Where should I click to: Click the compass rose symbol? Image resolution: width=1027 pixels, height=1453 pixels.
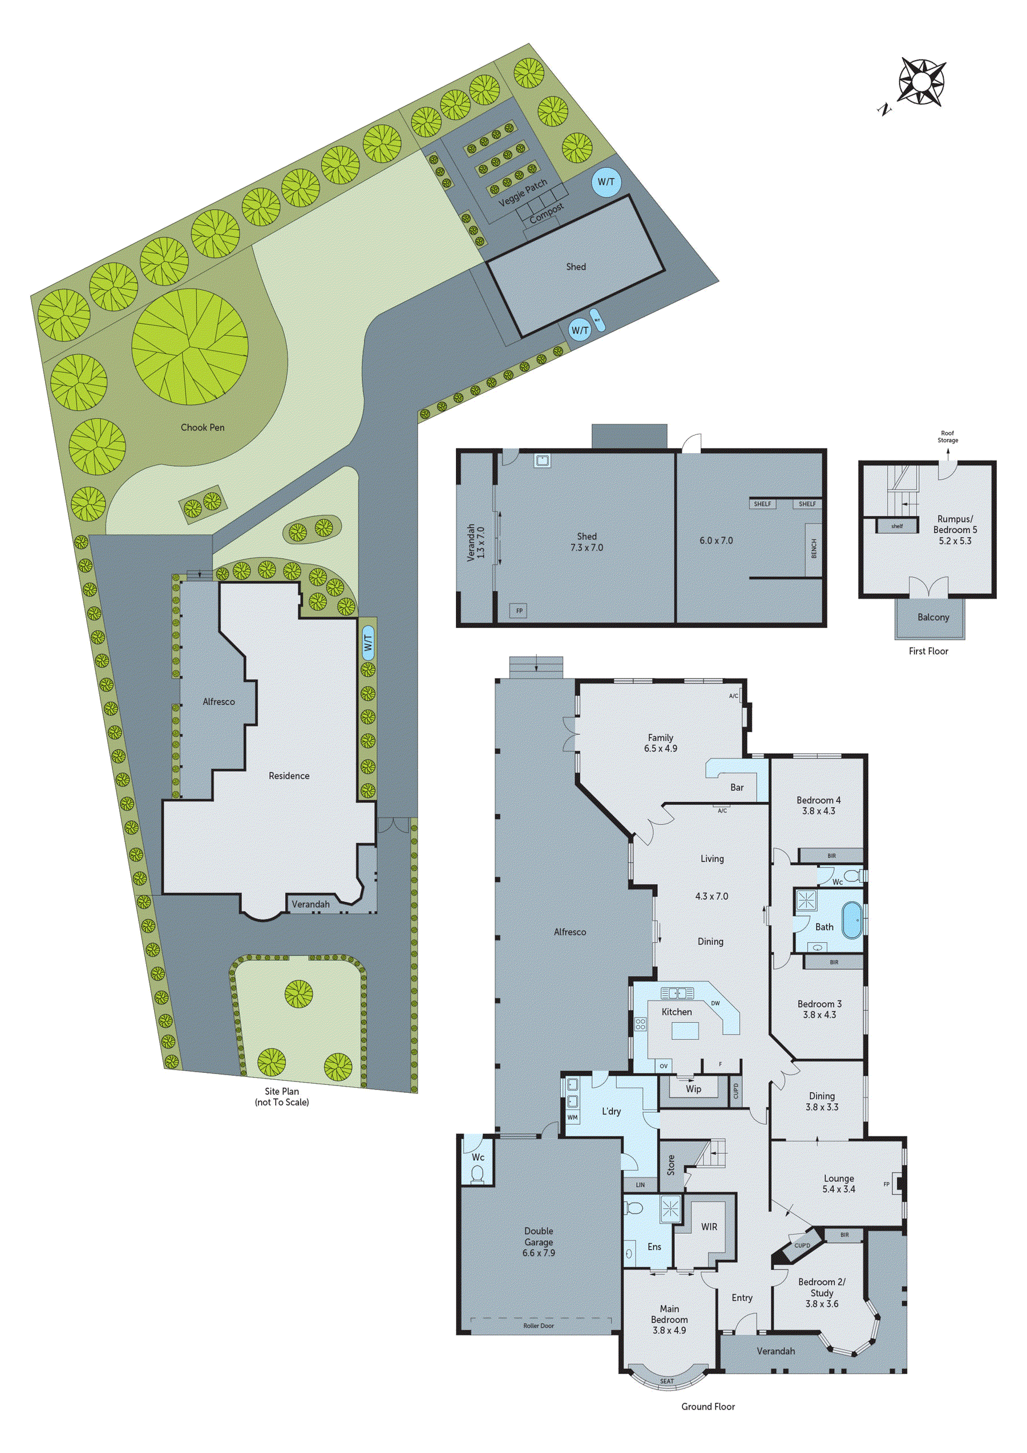[x=921, y=82]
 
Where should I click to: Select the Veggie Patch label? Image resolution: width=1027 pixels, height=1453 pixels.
[x=522, y=193]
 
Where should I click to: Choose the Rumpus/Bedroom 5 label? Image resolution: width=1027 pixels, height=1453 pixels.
[x=955, y=530]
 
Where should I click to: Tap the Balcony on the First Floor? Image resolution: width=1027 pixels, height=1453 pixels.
[x=933, y=617]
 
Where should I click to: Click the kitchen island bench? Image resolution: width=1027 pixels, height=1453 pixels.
[x=681, y=1031]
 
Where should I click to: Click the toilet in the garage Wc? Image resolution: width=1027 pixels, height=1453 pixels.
[x=478, y=1174]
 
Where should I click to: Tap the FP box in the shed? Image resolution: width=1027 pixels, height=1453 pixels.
[x=519, y=611]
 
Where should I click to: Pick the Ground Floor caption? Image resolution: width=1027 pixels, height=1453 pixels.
[x=707, y=1424]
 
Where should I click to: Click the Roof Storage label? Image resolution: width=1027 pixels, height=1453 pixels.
[x=947, y=437]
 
